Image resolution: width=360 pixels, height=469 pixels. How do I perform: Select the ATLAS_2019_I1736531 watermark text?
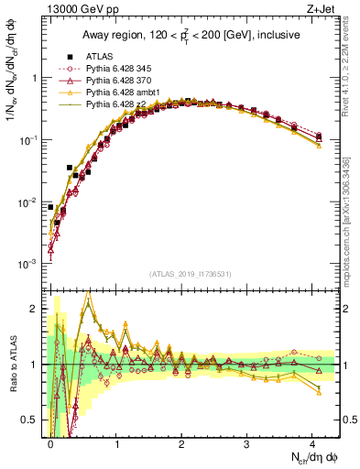coord(193,274)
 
